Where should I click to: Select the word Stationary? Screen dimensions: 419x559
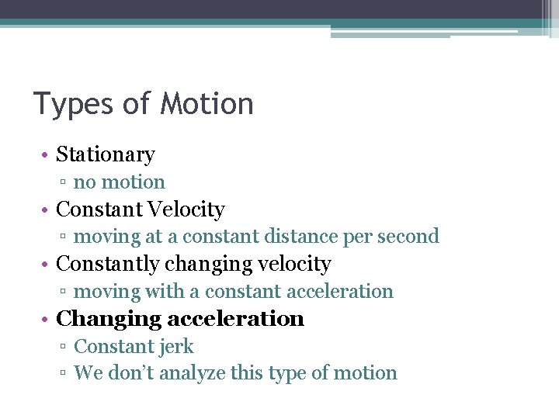(x=106, y=155)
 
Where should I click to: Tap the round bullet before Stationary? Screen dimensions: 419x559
(x=47, y=155)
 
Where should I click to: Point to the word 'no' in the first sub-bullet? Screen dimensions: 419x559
(x=83, y=183)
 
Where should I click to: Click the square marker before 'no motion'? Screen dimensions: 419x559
(x=64, y=183)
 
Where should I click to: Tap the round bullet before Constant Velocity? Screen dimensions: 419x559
(x=47, y=210)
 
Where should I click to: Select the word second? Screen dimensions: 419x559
(x=411, y=236)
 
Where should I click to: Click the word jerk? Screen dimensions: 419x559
(x=176, y=347)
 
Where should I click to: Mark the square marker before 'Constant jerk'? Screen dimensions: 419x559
(x=64, y=348)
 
